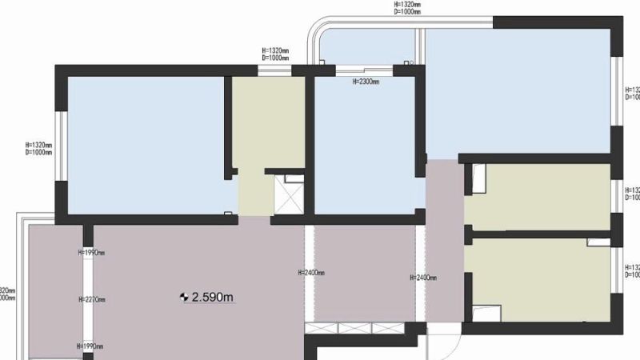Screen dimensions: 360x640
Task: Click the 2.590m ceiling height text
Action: [x=213, y=298]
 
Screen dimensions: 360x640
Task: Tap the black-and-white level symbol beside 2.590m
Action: [x=185, y=298]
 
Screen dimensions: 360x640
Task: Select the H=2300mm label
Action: [x=366, y=81]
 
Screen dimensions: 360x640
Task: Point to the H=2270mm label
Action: [x=92, y=300]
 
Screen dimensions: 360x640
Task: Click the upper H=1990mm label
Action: [x=91, y=253]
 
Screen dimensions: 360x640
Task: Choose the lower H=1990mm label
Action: [x=91, y=346]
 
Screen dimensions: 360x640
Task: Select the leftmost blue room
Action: [x=144, y=144]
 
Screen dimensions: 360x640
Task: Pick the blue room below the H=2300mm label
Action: [x=364, y=148]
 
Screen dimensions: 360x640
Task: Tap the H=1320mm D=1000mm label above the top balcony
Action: [x=408, y=8]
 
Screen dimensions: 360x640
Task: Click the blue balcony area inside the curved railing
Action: [x=365, y=48]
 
